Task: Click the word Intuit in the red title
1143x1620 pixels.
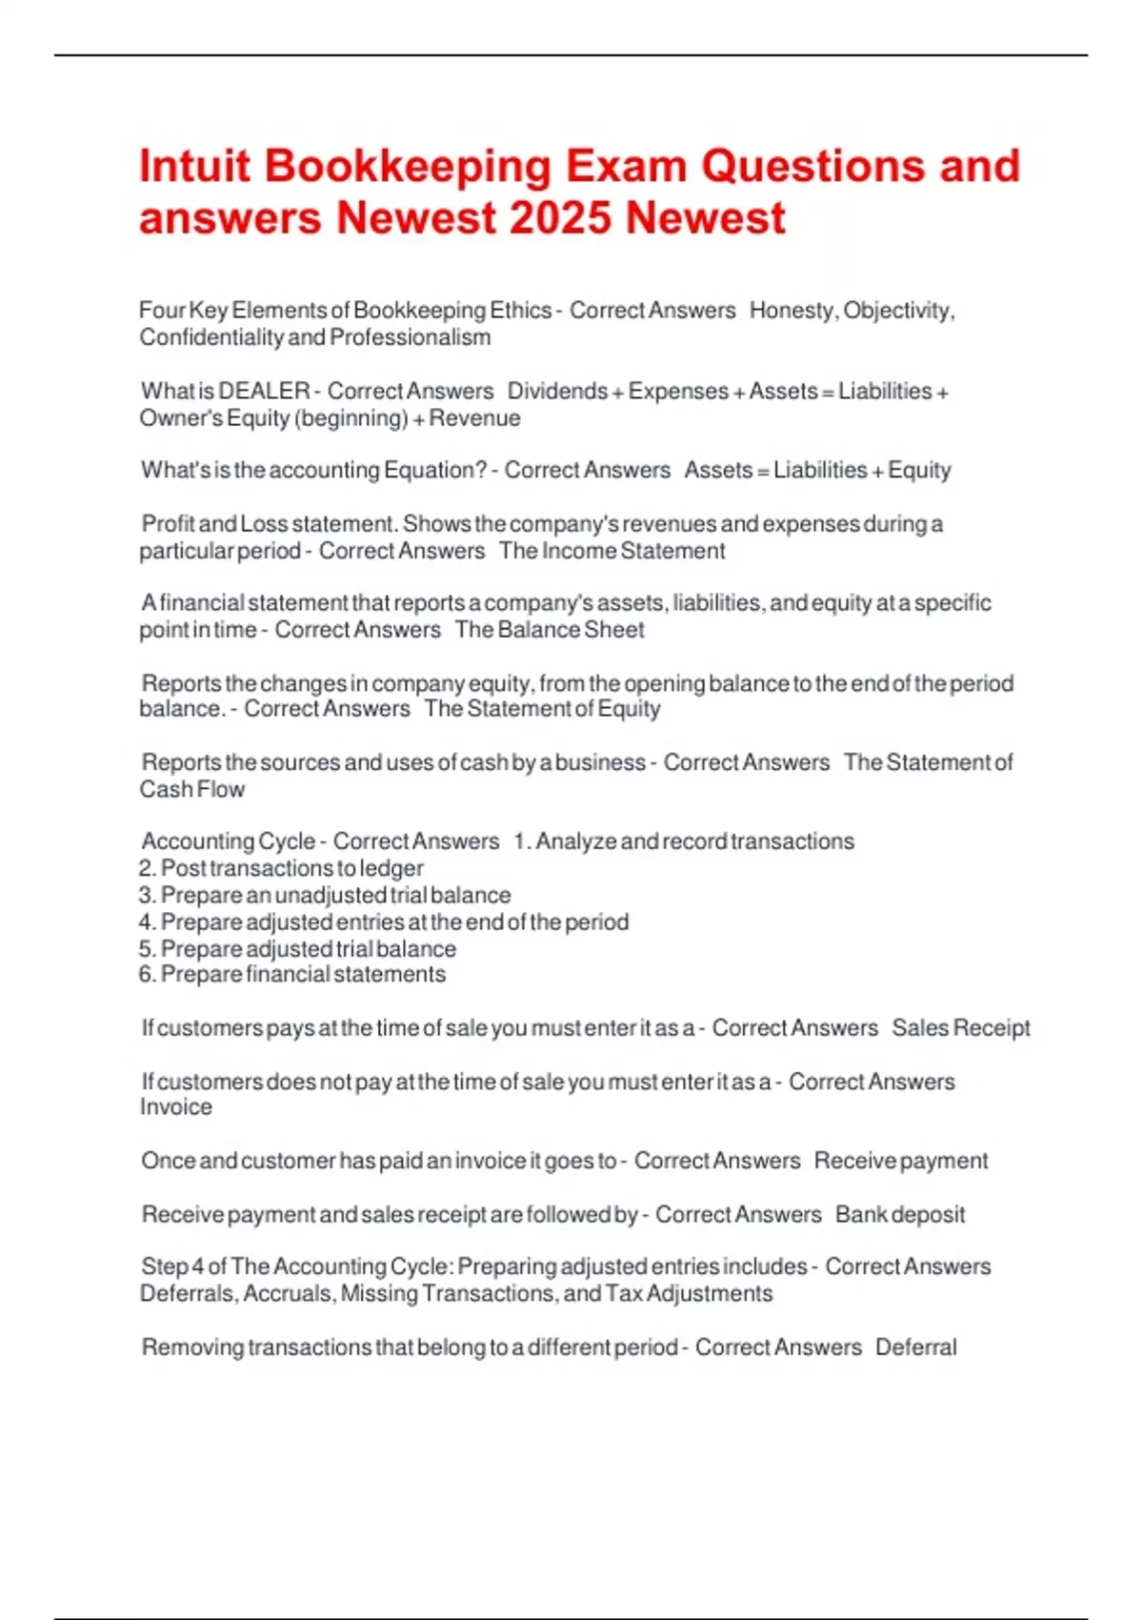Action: coord(194,166)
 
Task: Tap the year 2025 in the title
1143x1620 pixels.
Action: coord(560,218)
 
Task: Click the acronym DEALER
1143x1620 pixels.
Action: coord(264,392)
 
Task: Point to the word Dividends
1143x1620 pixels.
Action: coord(557,392)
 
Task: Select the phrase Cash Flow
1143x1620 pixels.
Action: coord(191,789)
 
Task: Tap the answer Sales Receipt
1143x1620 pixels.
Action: coord(960,1028)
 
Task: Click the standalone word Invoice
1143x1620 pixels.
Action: coord(176,1107)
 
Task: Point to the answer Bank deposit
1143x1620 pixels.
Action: coord(900,1215)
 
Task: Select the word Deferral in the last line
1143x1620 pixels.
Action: coord(915,1347)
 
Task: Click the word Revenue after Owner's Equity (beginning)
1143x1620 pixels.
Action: coord(474,418)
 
